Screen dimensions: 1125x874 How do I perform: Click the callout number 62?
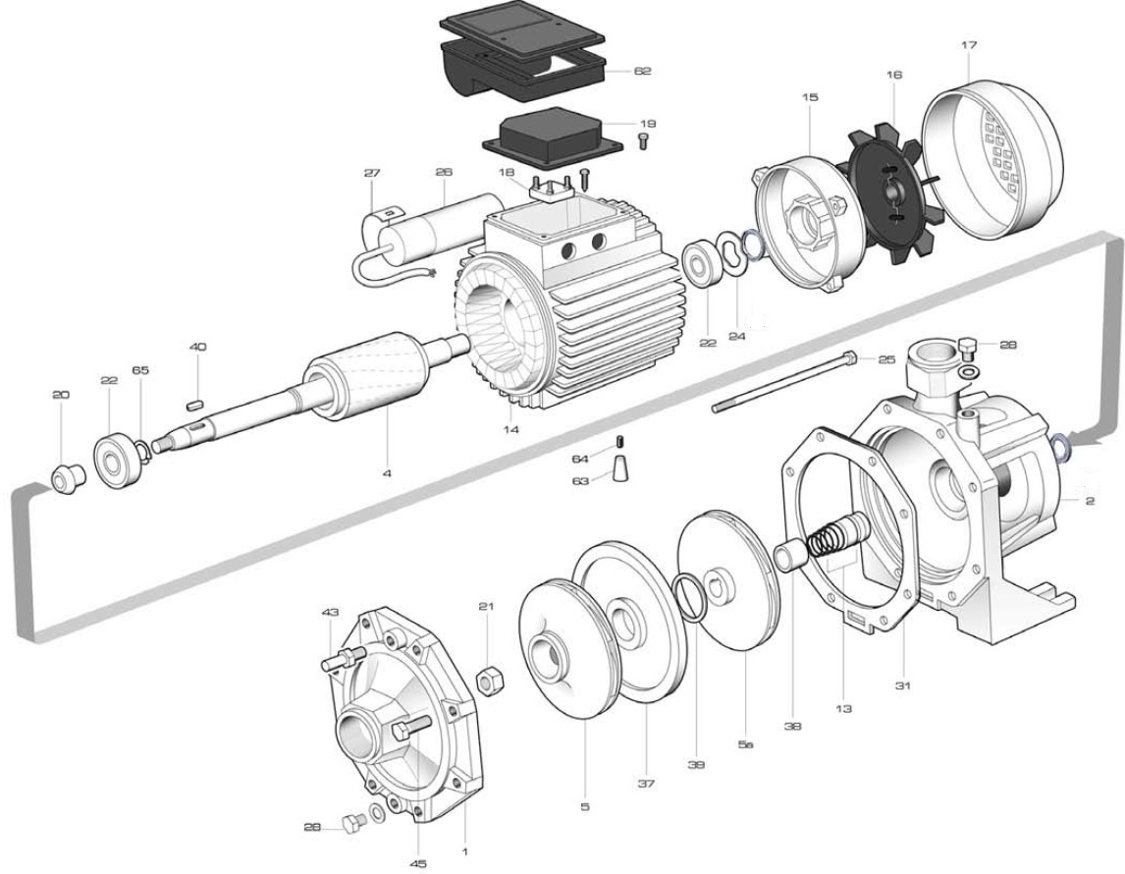click(642, 71)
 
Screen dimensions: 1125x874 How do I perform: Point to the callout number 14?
click(511, 429)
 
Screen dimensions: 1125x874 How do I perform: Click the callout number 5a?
click(745, 744)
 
